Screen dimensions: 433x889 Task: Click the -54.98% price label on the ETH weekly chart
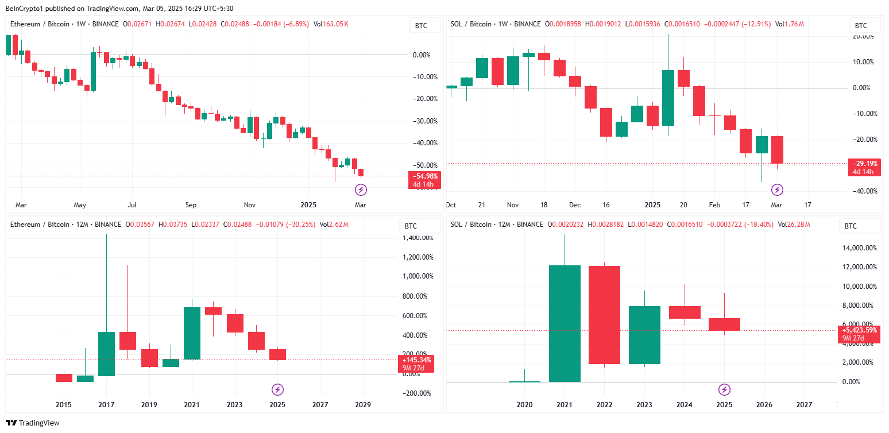pyautogui.click(x=424, y=176)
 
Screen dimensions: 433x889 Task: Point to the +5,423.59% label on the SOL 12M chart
pyautogui.click(x=860, y=330)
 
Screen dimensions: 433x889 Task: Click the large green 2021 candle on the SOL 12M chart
pyautogui.click(x=565, y=323)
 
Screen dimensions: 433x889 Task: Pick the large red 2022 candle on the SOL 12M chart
pyautogui.click(x=604, y=315)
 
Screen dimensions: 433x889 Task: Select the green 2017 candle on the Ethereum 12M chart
pyautogui.click(x=106, y=354)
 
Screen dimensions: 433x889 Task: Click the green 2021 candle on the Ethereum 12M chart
pyautogui.click(x=192, y=333)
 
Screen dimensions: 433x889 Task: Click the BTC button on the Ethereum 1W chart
pyautogui.click(x=421, y=25)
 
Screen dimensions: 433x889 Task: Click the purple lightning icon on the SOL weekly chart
pyautogui.click(x=777, y=190)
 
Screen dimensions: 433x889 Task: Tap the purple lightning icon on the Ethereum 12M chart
pyautogui.click(x=278, y=389)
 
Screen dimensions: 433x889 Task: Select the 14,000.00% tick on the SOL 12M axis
pyautogui.click(x=860, y=248)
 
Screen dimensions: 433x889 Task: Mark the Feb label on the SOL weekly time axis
pyautogui.click(x=714, y=205)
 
